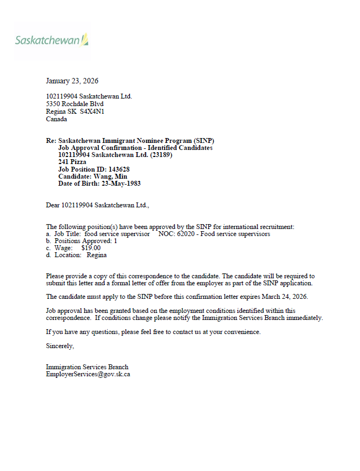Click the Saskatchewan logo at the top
[51, 41]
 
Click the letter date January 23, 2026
[72, 81]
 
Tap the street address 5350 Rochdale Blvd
[75, 104]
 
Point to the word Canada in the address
[56, 119]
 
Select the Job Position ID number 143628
[118, 169]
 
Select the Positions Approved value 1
[115, 241]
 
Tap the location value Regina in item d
[96, 255]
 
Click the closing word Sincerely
[60, 345]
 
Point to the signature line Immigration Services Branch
[87, 367]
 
